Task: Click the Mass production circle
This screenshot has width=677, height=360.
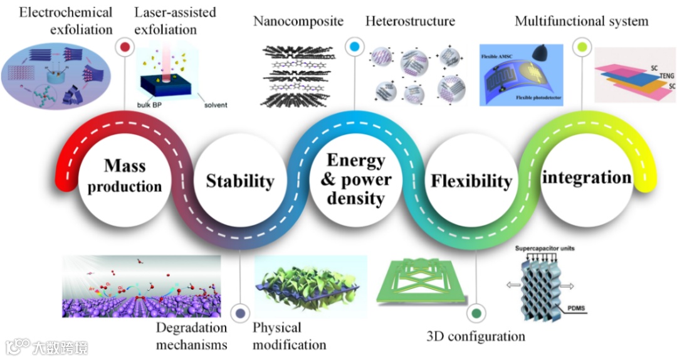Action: point(125,176)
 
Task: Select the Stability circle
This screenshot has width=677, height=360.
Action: point(240,181)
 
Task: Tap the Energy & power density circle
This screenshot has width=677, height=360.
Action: point(355,179)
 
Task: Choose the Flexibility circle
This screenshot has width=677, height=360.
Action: point(471,181)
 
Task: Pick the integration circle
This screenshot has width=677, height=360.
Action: point(587,177)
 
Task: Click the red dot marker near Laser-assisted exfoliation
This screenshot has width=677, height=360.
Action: point(124,46)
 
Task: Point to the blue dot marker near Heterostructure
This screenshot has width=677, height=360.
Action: point(354,46)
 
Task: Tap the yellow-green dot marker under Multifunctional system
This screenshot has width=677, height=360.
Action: point(582,46)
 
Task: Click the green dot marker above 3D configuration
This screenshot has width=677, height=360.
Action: point(476,313)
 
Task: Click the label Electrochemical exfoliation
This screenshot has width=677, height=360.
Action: point(57,21)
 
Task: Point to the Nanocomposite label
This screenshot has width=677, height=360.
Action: point(298,21)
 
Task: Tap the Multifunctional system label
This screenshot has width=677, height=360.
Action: point(581,21)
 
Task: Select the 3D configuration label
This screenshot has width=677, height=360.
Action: point(476,336)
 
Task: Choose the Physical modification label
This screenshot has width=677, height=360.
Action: point(289,336)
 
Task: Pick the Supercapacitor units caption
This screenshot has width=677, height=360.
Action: point(545,248)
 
